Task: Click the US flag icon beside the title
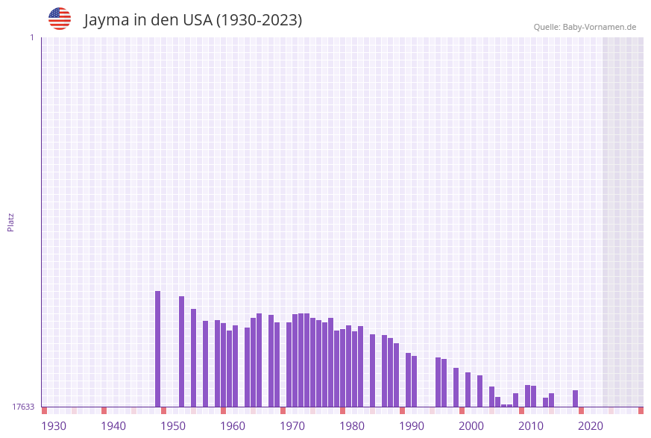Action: point(60,19)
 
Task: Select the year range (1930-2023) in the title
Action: point(259,20)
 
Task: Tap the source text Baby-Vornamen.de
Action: point(600,27)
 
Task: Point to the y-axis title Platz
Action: point(11,222)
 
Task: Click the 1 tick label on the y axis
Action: point(31,37)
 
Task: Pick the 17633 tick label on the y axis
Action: point(23,407)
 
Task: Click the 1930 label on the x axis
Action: point(54,426)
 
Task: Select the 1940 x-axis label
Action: point(113,426)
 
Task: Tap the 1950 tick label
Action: point(173,426)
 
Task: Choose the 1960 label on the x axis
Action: point(233,426)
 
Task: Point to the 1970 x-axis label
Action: point(292,426)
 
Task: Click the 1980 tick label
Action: point(352,426)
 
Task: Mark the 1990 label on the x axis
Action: point(412,426)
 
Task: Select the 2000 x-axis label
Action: point(471,426)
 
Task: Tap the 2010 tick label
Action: point(531,426)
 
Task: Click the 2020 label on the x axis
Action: point(591,426)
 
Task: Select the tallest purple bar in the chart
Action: point(158,348)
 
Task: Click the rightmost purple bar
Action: point(576,398)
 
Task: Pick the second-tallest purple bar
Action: point(182,351)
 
